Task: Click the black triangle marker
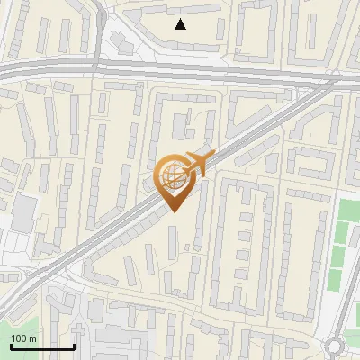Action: click(x=181, y=24)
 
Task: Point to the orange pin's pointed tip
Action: click(x=174, y=212)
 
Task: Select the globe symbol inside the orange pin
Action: click(x=173, y=177)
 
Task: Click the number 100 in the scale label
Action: click(x=19, y=338)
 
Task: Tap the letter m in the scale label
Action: click(x=32, y=338)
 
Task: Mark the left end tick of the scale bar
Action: click(x=10, y=346)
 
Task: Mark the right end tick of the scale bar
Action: click(x=74, y=346)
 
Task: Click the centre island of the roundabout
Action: click(x=336, y=345)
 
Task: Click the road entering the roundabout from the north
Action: click(x=336, y=324)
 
